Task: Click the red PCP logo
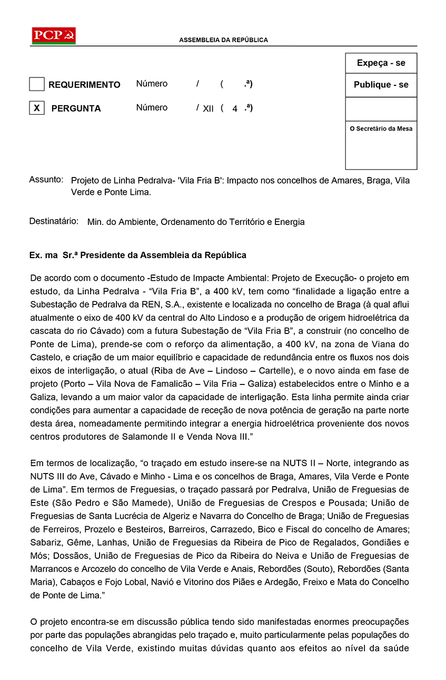click(x=54, y=36)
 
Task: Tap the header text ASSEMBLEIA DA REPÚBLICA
click(x=223, y=40)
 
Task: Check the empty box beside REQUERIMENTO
click(x=36, y=84)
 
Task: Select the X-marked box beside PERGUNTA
click(x=36, y=108)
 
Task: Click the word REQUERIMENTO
click(x=84, y=85)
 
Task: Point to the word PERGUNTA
click(x=76, y=109)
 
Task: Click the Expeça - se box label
click(x=381, y=63)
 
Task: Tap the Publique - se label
click(x=381, y=85)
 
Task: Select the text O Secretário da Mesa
click(x=381, y=129)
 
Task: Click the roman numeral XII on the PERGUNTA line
click(x=208, y=109)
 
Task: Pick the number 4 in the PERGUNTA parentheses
click(x=235, y=109)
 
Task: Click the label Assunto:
click(x=46, y=180)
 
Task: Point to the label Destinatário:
click(x=54, y=221)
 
